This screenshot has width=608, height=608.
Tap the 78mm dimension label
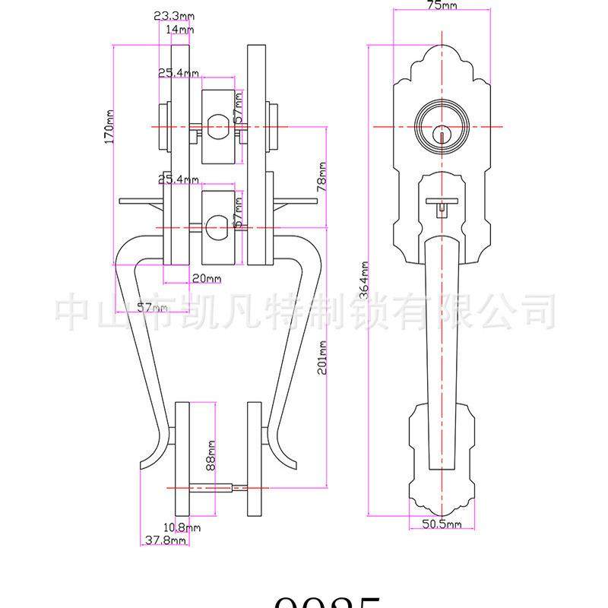(321, 176)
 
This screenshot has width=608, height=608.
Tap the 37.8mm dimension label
(164, 540)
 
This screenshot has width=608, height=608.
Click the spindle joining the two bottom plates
(220, 488)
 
